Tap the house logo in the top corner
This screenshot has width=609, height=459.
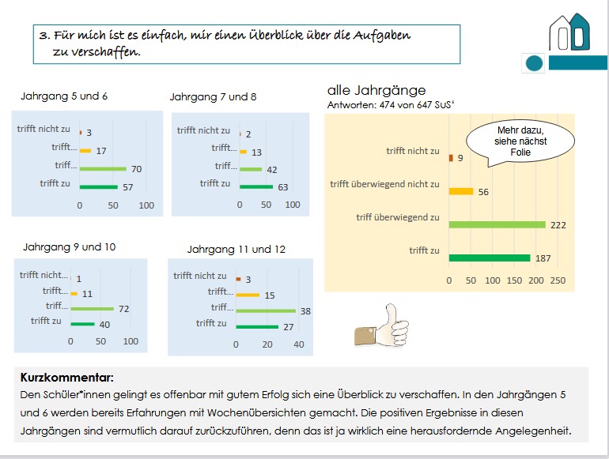click(x=570, y=32)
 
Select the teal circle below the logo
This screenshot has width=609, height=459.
click(x=535, y=63)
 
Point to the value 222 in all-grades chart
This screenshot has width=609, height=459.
click(x=558, y=225)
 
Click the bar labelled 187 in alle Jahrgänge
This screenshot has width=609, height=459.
click(x=489, y=258)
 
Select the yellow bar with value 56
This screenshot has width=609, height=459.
click(x=460, y=191)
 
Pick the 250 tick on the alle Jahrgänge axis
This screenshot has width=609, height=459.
click(x=558, y=280)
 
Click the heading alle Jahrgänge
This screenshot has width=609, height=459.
click(x=376, y=89)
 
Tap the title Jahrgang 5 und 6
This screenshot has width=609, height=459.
click(x=63, y=96)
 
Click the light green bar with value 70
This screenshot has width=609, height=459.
click(x=103, y=168)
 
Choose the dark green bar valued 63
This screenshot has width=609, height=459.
click(x=256, y=187)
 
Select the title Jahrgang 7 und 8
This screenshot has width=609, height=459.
click(x=213, y=97)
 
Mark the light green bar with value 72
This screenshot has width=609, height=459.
click(x=93, y=307)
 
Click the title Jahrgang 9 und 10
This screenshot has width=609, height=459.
click(x=70, y=246)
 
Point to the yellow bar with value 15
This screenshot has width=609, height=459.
click(x=248, y=295)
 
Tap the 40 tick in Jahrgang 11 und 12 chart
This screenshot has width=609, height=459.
click(x=298, y=344)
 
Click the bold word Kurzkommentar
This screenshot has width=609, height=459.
click(x=56, y=378)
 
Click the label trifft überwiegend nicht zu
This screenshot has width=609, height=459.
click(x=384, y=184)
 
